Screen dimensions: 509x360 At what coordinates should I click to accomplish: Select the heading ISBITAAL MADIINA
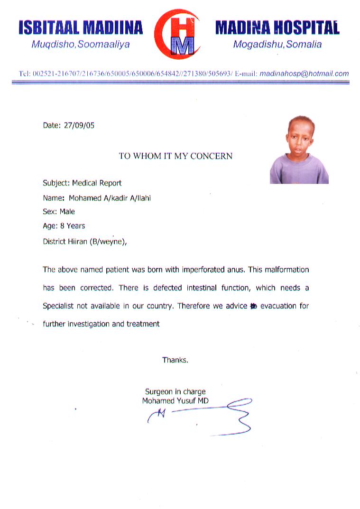pyautogui.click(x=81, y=28)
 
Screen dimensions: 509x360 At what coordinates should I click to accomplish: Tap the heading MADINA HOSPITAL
pyautogui.click(x=277, y=28)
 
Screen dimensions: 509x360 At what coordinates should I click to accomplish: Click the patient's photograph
pyautogui.click(x=299, y=150)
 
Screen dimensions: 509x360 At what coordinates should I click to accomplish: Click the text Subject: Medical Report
pyautogui.click(x=82, y=183)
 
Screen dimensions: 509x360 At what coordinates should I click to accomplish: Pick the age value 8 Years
pyautogui.click(x=73, y=226)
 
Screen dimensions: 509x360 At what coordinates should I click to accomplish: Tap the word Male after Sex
pyautogui.click(x=67, y=212)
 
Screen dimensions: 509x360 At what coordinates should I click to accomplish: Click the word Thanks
pyautogui.click(x=175, y=360)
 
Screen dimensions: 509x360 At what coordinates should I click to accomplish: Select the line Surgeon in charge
pyautogui.click(x=175, y=392)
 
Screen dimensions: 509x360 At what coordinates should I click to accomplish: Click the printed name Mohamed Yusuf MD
pyautogui.click(x=175, y=401)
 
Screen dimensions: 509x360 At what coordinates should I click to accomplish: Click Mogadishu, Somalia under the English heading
pyautogui.click(x=277, y=45)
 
